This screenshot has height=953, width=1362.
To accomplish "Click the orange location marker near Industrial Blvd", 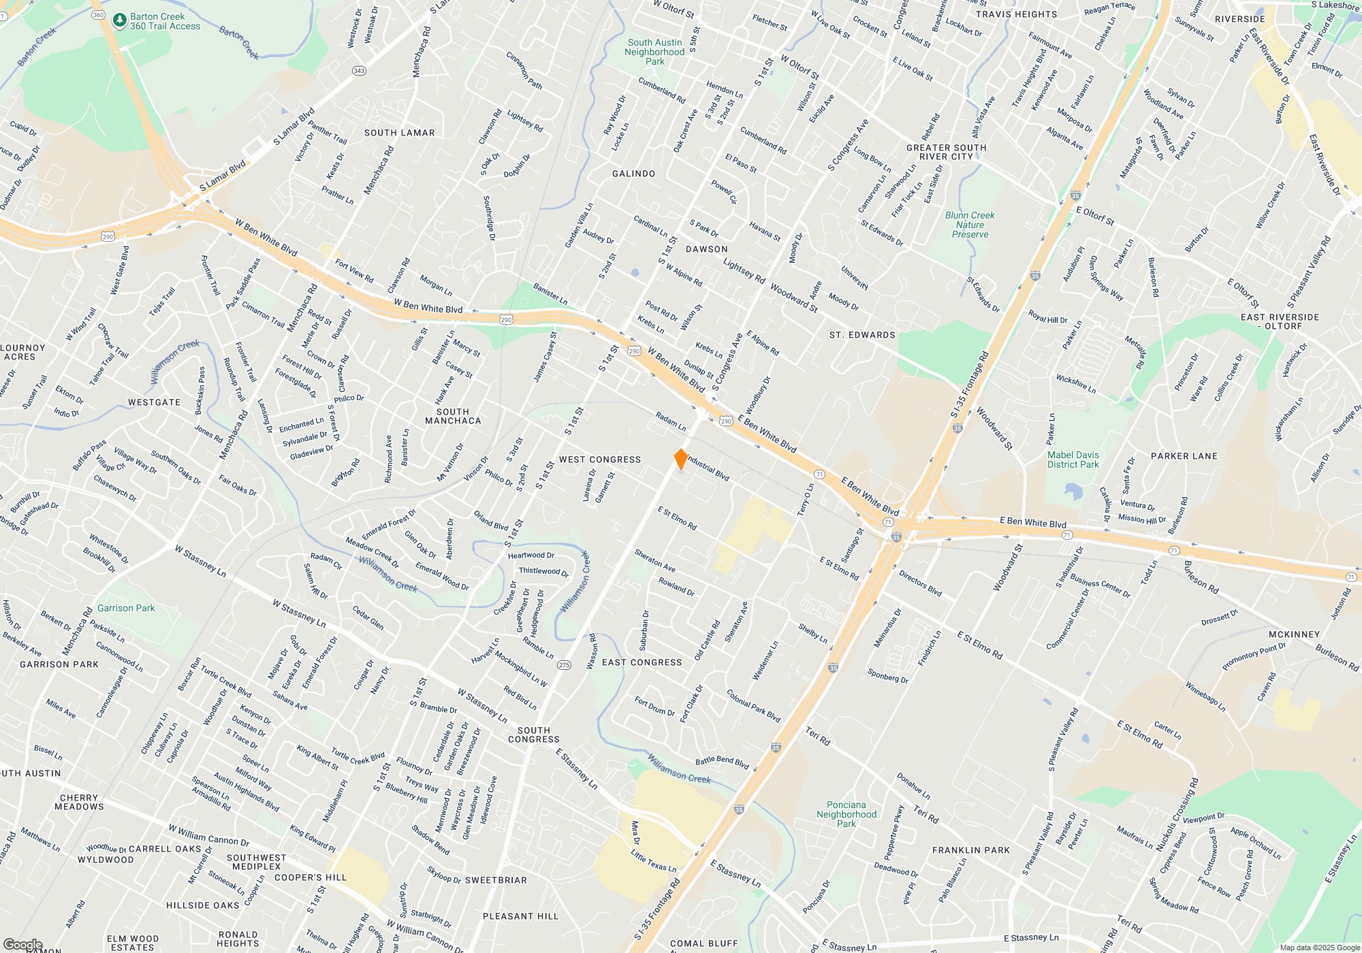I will pyautogui.click(x=680, y=459).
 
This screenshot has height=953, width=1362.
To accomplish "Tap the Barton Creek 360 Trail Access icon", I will pyautogui.click(x=120, y=20).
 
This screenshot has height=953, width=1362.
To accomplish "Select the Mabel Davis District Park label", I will pyautogui.click(x=1073, y=459).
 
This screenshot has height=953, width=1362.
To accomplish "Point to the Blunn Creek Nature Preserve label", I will pyautogui.click(x=970, y=225).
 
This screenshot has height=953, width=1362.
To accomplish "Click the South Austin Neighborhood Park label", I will pyautogui.click(x=654, y=52).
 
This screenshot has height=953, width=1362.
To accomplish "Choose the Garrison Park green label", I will pyautogui.click(x=126, y=608).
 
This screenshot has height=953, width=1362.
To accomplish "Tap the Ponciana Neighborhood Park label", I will pyautogui.click(x=846, y=814).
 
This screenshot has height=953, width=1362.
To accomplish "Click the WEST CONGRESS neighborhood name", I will pyautogui.click(x=600, y=459).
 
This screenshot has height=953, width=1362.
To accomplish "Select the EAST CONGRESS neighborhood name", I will pyautogui.click(x=642, y=662).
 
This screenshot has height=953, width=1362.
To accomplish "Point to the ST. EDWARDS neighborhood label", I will pyautogui.click(x=862, y=335).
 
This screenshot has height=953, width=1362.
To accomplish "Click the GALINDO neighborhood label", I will pyautogui.click(x=633, y=174).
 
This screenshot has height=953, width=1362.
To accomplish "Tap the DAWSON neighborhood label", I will pyautogui.click(x=706, y=249).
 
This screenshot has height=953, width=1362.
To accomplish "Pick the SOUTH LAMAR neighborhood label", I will pyautogui.click(x=399, y=133).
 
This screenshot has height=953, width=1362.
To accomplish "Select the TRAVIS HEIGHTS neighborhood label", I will pyautogui.click(x=1016, y=14).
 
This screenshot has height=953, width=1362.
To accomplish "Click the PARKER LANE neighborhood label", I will pyautogui.click(x=1184, y=456).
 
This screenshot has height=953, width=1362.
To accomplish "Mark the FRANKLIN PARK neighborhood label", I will pyautogui.click(x=970, y=850).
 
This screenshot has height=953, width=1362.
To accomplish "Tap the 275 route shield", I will pyautogui.click(x=564, y=665).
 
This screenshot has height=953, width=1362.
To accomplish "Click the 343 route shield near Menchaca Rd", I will pyautogui.click(x=359, y=71).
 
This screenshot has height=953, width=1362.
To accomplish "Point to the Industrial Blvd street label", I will pyautogui.click(x=708, y=468).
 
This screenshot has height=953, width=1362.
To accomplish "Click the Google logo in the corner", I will pyautogui.click(x=22, y=945).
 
